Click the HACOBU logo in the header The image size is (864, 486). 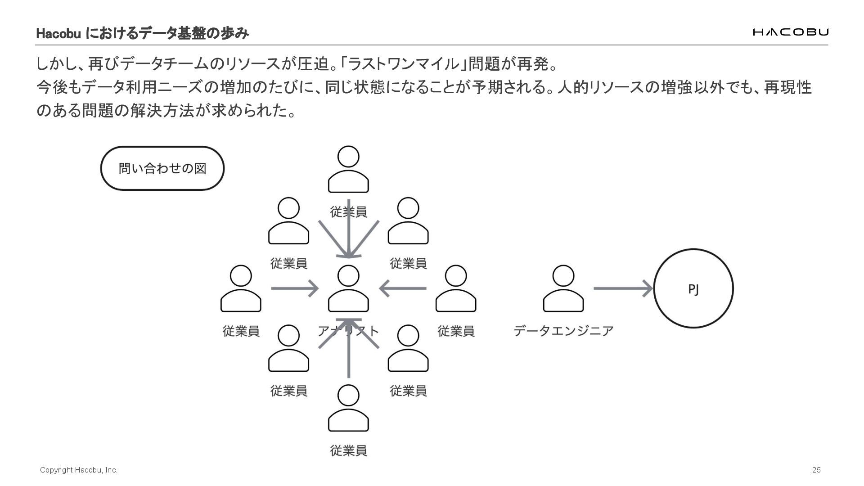[790, 32]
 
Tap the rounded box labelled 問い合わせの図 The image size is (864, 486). [162, 168]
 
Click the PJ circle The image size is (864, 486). [693, 288]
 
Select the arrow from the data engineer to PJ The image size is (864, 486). [623, 288]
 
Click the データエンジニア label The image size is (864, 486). [563, 331]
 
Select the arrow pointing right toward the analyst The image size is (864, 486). [294, 288]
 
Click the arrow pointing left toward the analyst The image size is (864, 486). [403, 288]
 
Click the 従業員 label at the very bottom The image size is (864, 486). [348, 450]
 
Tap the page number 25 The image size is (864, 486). [816, 470]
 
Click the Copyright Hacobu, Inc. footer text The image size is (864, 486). [79, 470]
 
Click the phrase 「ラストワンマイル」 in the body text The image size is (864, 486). [403, 64]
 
